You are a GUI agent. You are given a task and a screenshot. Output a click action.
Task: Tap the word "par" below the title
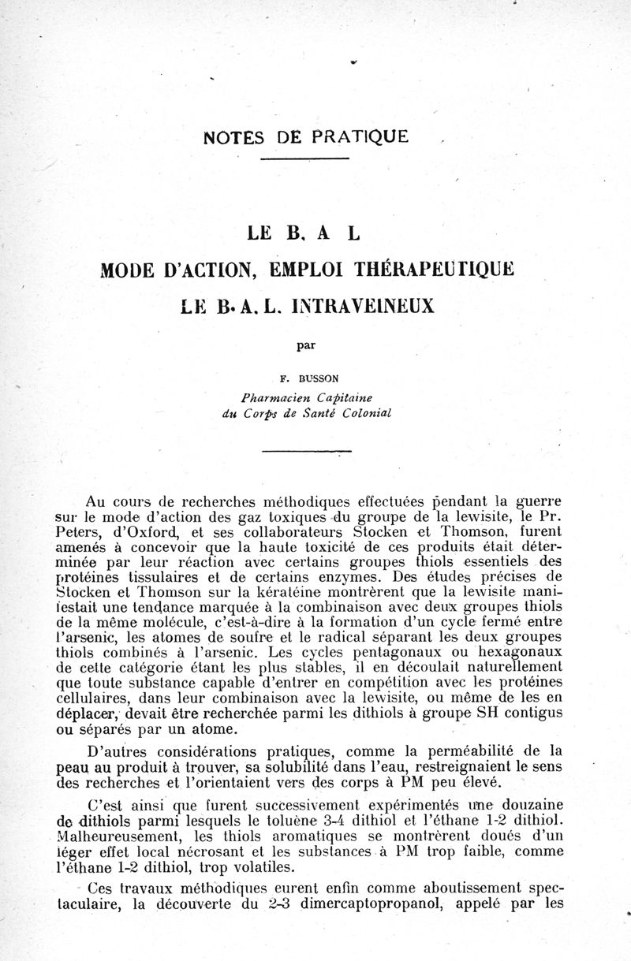[x=304, y=345]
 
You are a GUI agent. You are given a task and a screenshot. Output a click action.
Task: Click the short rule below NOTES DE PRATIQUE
[x=304, y=160]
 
